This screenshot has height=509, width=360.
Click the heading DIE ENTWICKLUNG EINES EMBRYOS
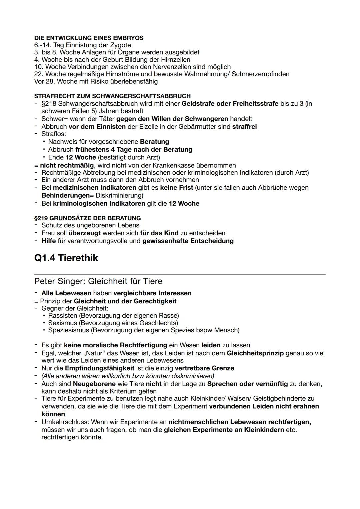click(89, 38)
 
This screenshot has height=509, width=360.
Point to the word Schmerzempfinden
click(260, 74)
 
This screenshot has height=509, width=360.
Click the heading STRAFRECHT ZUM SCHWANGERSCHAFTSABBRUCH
click(112, 96)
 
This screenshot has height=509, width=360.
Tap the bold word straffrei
click(244, 127)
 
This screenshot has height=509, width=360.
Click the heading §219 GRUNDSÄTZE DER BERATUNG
click(87, 218)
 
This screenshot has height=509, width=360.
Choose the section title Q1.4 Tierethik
click(66, 258)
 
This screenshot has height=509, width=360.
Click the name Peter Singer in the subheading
click(59, 281)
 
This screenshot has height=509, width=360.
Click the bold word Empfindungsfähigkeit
click(99, 368)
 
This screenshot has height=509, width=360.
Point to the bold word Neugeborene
click(94, 384)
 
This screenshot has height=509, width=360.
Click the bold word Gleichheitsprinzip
click(255, 353)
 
